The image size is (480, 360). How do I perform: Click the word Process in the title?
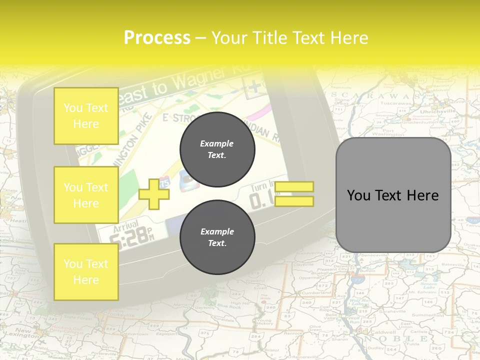(x=157, y=38)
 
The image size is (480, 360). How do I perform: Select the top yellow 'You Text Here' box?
(x=86, y=116)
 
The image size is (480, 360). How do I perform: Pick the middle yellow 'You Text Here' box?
(x=86, y=195)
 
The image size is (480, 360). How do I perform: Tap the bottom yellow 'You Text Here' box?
(x=86, y=271)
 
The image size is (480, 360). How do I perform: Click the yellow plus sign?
(x=153, y=193)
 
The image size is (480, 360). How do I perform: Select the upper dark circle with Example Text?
(x=217, y=149)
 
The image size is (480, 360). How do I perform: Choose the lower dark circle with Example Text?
(x=217, y=237)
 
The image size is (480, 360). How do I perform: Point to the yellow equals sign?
(x=294, y=194)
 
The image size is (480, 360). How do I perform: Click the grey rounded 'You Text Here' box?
(x=393, y=195)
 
